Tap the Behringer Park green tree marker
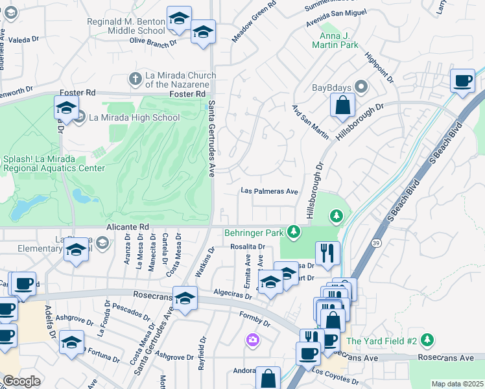point(294,231)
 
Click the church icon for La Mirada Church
point(135,78)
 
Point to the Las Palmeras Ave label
point(269,191)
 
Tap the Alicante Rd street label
point(132,227)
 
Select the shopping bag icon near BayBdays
point(342,104)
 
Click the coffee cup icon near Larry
point(462,80)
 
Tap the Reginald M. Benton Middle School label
point(126,26)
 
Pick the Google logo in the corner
point(21,381)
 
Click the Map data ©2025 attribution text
point(457,384)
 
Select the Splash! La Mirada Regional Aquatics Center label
point(53,163)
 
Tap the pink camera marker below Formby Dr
point(253,340)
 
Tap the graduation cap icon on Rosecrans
point(185,298)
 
